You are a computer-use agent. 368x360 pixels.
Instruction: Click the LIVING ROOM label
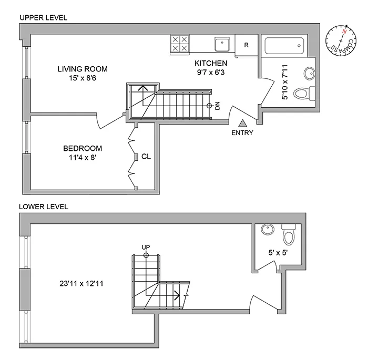coord(83,69)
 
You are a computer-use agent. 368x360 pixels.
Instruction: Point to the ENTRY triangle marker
coord(242,124)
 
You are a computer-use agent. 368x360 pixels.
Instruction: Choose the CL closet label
coord(146,156)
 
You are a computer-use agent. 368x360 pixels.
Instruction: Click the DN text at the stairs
coord(217,106)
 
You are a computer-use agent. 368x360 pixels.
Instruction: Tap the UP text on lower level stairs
coord(146,246)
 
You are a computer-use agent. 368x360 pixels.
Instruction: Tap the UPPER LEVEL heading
coord(43,17)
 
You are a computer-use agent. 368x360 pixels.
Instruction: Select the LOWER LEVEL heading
coord(44,207)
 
